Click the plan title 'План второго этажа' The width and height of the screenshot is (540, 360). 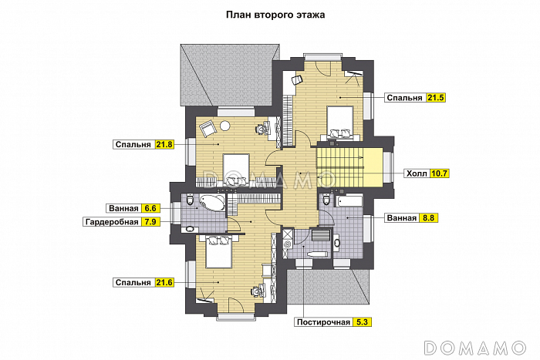tap(275, 15)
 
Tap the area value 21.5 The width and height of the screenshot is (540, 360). tap(435, 98)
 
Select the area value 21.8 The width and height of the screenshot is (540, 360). tap(164, 145)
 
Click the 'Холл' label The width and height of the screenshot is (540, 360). tap(417, 173)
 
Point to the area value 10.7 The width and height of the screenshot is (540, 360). tap(439, 173)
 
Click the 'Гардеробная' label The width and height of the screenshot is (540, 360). tap(112, 222)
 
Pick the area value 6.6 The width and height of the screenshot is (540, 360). tap(150, 208)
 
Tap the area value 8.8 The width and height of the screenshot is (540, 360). tap(428, 218)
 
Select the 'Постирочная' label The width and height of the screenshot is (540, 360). tap(323, 322)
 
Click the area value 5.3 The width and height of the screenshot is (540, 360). tap(362, 322)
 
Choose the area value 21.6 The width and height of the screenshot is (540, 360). tap(164, 283)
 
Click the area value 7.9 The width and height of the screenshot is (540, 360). tap(150, 222)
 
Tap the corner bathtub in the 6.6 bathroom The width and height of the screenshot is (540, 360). tap(212, 203)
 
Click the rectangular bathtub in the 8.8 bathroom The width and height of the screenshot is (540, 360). tap(349, 201)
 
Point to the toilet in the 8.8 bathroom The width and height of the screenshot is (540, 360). tap(326, 200)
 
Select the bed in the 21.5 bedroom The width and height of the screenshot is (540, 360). tap(340, 123)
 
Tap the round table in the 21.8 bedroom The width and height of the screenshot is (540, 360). tap(225, 126)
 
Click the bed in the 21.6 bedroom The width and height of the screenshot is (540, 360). tap(218, 251)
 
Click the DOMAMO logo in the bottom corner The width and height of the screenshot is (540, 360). tap(475, 348)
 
